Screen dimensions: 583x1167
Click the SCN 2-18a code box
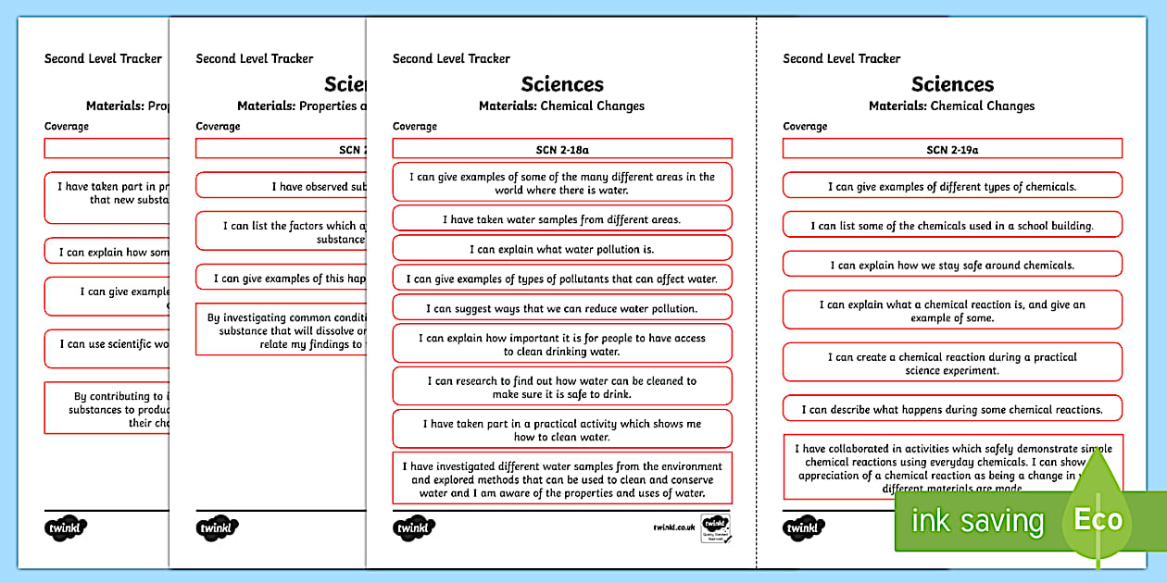point(562,148)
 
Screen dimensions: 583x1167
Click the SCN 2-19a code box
point(952,148)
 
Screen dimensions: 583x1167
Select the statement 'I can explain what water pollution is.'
point(562,248)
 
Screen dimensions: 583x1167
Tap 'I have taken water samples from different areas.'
point(562,218)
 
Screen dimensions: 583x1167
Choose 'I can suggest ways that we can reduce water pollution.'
point(562,308)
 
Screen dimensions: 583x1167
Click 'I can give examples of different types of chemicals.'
point(952,185)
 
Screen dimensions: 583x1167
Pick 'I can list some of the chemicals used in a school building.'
point(952,225)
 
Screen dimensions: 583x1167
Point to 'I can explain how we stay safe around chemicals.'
point(952,265)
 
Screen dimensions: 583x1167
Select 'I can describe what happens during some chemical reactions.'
point(952,409)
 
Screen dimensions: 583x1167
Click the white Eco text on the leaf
point(1098,520)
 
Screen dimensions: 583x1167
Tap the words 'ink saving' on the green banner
point(976,521)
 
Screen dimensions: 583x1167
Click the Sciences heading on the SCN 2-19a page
point(952,84)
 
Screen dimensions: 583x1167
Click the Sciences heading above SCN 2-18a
point(562,84)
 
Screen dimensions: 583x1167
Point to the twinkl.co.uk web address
point(673,527)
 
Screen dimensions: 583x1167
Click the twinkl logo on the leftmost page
point(65,528)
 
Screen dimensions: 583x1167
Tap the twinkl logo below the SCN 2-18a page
point(414,528)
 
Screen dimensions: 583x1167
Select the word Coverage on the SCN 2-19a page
point(805,126)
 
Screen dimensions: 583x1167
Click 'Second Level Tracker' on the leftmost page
point(103,58)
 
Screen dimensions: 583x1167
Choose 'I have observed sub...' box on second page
point(276,186)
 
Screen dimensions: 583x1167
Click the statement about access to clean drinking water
point(562,344)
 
